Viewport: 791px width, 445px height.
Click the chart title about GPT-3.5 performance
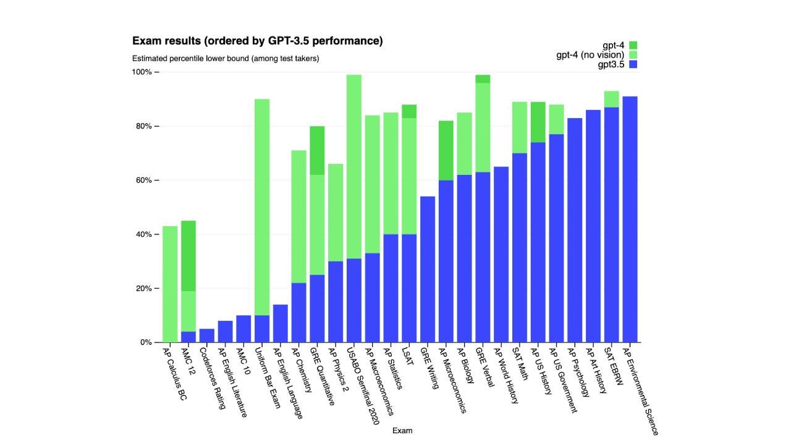point(257,41)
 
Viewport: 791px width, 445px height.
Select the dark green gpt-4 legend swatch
point(633,45)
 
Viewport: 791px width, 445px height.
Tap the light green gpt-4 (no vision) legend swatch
point(633,55)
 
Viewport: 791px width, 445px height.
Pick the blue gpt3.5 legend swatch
point(633,64)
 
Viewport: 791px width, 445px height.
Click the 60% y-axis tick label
point(143,180)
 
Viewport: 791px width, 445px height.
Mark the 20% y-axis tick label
point(143,289)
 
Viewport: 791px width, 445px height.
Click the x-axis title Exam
point(402,431)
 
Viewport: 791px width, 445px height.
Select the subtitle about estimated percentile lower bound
point(225,59)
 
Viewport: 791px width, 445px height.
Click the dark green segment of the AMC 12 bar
point(188,256)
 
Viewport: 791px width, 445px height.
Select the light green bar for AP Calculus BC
point(170,284)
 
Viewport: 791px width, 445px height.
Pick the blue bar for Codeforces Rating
point(207,336)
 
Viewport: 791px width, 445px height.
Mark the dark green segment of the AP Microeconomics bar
point(446,150)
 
